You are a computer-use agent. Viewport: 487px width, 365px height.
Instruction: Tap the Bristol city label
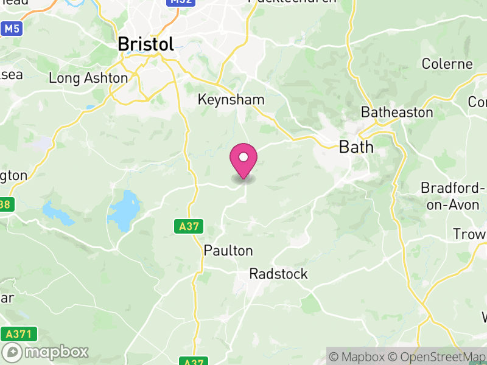[145, 44]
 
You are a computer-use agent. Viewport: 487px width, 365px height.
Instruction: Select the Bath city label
[356, 147]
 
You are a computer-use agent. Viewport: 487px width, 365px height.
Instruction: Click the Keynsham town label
[231, 99]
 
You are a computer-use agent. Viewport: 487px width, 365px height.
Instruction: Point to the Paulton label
[228, 251]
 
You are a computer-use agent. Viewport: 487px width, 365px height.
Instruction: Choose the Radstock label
[279, 274]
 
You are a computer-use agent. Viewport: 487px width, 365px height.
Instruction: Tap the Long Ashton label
[88, 78]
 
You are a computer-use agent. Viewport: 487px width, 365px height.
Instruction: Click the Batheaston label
[397, 112]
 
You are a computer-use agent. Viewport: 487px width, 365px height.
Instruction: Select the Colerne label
[447, 64]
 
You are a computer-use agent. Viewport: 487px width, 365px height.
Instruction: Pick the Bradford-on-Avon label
[454, 196]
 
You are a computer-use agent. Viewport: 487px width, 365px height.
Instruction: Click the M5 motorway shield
[11, 29]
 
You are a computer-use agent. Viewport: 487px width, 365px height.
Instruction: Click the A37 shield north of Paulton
[189, 227]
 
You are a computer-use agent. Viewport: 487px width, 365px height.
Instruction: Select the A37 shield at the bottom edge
[194, 361]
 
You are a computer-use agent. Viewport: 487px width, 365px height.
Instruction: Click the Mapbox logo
[46, 352]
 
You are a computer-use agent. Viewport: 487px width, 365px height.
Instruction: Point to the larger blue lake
[124, 210]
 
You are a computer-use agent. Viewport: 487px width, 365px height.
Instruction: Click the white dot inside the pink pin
[243, 157]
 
